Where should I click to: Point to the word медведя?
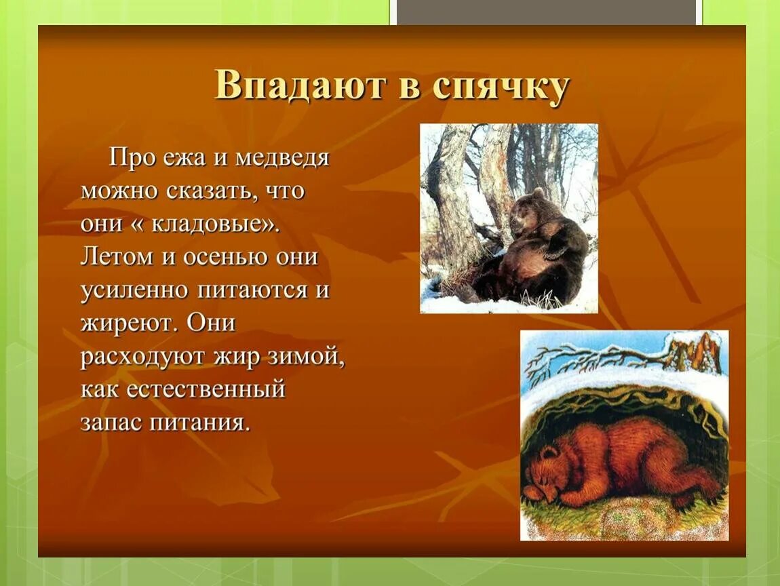tap(282, 158)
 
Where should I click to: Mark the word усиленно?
tap(134, 290)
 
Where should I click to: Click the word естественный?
tap(206, 389)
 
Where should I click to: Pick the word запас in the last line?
tap(111, 423)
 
